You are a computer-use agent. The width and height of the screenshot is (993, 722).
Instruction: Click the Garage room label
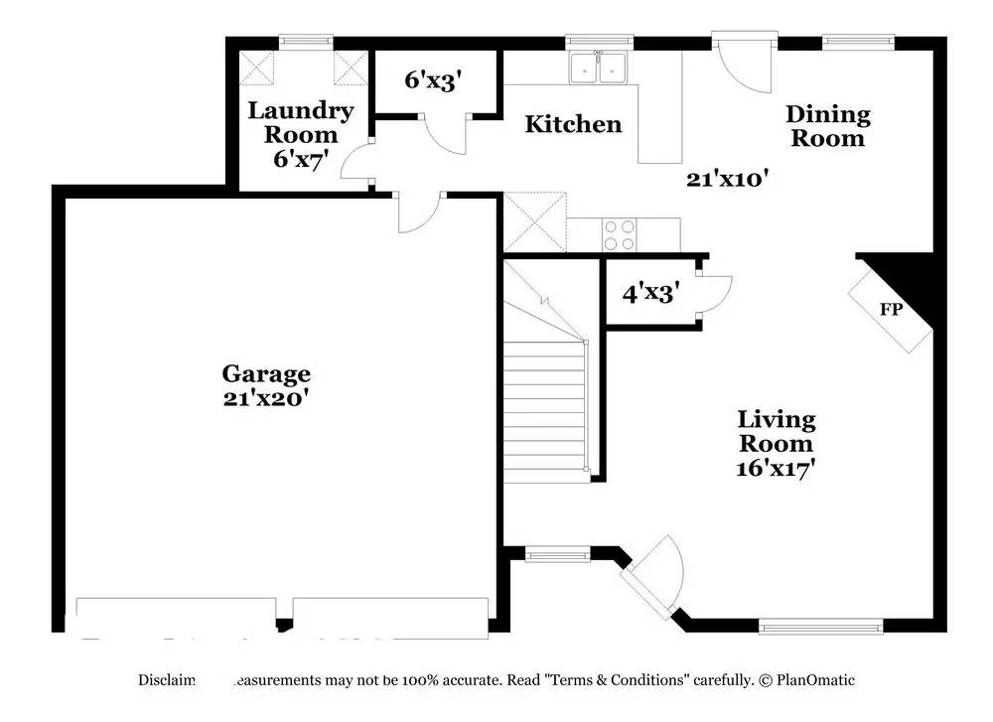coord(265,373)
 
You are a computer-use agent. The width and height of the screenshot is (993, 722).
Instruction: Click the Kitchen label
coord(573,124)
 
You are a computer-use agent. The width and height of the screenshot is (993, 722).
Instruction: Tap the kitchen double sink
coord(600,67)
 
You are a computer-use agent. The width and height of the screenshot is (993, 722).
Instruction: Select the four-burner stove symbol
coord(621,235)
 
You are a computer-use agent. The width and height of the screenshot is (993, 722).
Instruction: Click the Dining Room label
coord(829,126)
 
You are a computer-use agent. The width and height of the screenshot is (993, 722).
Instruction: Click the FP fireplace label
coord(891,310)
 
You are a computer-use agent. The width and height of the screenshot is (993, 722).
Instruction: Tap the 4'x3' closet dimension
coord(650,293)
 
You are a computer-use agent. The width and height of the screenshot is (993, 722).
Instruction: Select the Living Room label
coord(776,431)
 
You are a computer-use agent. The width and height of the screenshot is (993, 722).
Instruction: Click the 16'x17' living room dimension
coord(776,467)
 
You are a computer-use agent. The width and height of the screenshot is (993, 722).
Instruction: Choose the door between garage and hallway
coord(420,211)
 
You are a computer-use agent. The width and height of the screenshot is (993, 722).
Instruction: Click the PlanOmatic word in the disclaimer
coord(815,680)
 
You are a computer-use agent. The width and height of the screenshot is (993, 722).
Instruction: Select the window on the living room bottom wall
coord(820,626)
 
